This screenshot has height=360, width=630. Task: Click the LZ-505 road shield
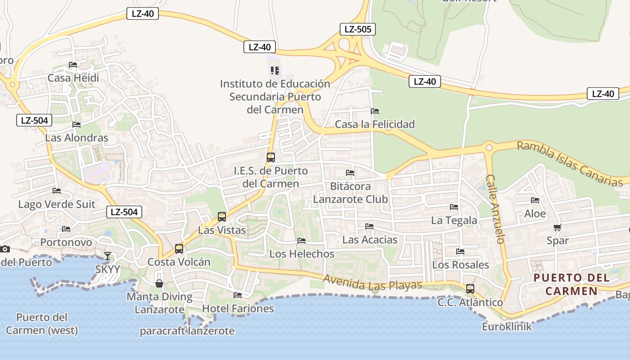tap(357, 30)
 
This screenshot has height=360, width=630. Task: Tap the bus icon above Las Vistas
tap(222, 217)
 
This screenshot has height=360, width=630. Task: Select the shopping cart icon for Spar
tap(558, 228)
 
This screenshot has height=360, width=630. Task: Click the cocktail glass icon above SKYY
tap(108, 256)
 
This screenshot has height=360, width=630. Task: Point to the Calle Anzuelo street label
tap(496, 209)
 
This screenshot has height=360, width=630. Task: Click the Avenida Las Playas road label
tap(373, 283)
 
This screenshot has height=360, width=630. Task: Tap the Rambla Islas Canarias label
tap(570, 164)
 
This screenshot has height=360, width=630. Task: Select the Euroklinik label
tap(507, 326)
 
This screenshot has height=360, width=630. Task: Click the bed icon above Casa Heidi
tap(73, 65)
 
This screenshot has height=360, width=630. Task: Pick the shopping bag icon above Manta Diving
tap(159, 283)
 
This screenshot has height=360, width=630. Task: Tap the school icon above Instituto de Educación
tap(275, 71)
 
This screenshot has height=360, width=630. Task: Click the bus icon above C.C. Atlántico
tap(470, 289)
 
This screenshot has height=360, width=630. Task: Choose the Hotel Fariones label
tap(238, 309)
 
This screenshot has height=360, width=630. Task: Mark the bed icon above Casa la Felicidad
tap(375, 111)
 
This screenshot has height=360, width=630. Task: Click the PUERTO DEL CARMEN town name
tap(571, 284)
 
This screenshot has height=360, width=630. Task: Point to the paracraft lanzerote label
tap(187, 331)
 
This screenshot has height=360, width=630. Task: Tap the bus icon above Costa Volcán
tap(179, 249)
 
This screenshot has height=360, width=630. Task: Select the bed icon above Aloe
tap(535, 200)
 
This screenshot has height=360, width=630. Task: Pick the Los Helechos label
tap(302, 254)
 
